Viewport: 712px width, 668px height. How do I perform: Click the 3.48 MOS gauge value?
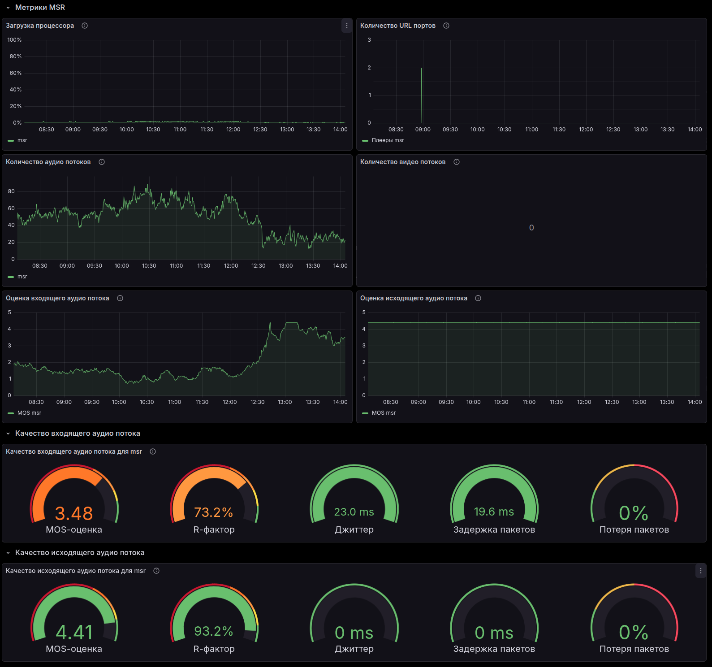coord(74,513)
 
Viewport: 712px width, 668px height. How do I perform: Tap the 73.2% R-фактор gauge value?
coord(214,512)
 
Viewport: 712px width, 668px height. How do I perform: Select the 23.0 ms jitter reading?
coord(354,512)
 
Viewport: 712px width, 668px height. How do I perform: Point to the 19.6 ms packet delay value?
coord(494,512)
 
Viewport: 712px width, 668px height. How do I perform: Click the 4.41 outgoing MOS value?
coord(74,633)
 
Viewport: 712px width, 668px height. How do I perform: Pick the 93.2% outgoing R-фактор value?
coord(214,631)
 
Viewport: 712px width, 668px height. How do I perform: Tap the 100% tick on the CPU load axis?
coord(14,40)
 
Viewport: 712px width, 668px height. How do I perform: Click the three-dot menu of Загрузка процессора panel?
coord(346,26)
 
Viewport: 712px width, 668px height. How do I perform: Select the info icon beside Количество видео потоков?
coord(457,162)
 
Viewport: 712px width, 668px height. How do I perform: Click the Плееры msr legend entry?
coord(388,140)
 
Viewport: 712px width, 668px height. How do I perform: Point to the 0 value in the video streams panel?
coord(531,228)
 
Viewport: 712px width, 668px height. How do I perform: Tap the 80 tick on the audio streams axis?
coord(11,191)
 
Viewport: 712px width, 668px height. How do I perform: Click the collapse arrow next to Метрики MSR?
coord(8,8)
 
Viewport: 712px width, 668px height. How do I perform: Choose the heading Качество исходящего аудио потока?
coord(80,553)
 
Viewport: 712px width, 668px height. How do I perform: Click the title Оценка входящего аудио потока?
coord(57,299)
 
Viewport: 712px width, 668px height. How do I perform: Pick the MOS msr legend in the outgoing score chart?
coord(384,413)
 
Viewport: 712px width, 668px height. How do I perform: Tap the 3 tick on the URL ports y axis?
coord(369,40)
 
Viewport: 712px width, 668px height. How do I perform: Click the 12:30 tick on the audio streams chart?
coord(259,266)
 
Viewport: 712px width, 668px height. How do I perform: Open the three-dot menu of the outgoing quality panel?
coord(701,571)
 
